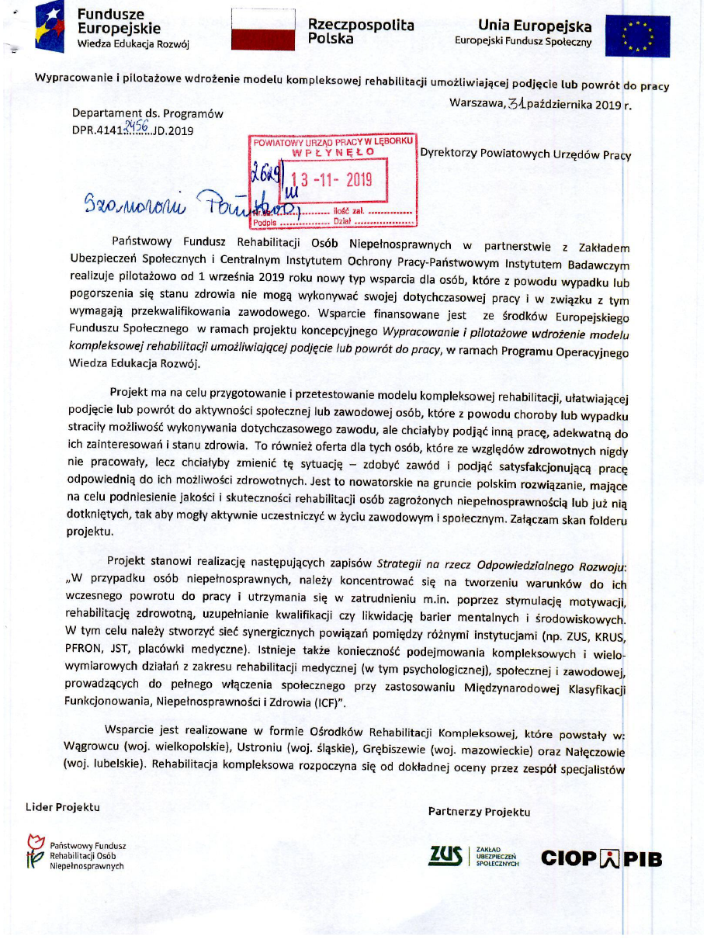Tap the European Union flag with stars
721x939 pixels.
(638, 36)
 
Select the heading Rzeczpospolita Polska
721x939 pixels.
(360, 31)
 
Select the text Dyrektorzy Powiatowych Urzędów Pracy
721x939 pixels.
(525, 154)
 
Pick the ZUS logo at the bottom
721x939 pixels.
(445, 856)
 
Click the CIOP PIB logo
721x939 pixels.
(601, 858)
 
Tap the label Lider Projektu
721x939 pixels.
(63, 807)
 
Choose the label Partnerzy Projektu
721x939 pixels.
(479, 812)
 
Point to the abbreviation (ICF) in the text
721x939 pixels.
(330, 702)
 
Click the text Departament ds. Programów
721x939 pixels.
(148, 113)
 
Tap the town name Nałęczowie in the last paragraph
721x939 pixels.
(598, 751)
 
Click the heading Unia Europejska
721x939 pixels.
(535, 26)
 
